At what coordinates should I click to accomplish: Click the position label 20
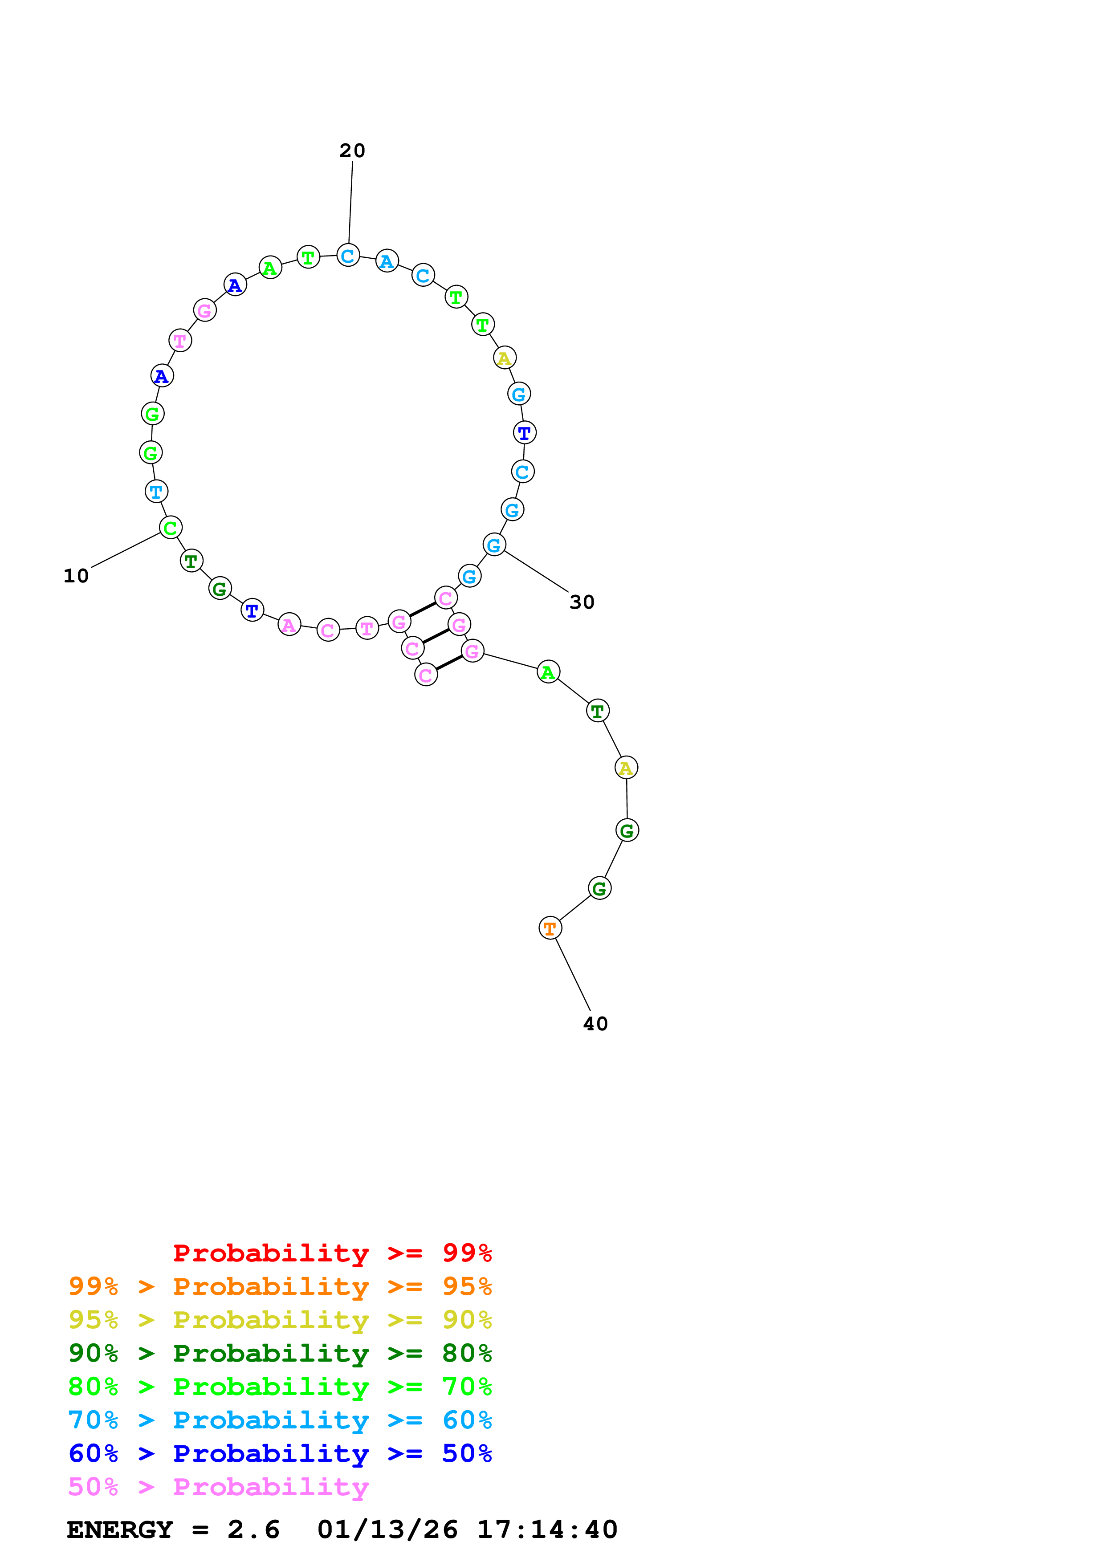[x=352, y=151]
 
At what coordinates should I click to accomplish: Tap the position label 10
[x=76, y=576]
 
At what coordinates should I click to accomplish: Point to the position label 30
[x=582, y=602]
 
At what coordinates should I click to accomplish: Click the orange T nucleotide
[x=550, y=928]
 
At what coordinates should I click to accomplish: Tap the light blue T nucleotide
[x=156, y=491]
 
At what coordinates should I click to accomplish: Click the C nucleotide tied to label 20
[x=348, y=256]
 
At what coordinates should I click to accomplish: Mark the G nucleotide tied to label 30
[x=494, y=545]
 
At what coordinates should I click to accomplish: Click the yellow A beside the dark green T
[x=626, y=768]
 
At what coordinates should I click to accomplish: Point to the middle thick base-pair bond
[x=436, y=636]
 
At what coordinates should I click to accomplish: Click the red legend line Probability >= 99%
[x=332, y=1253]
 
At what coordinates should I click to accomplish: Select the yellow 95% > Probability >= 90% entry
[x=280, y=1320]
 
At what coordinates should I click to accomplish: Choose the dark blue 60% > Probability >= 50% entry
[x=280, y=1453]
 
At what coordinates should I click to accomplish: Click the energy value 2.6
[x=253, y=1529]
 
